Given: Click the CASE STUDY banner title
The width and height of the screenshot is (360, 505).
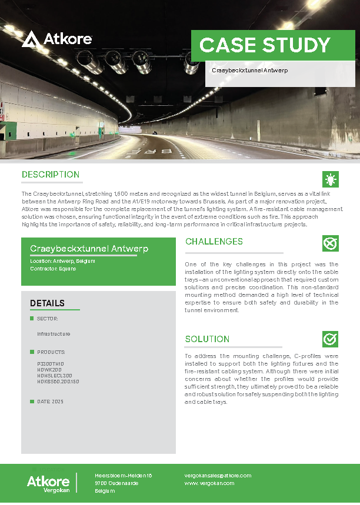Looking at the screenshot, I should tap(265, 45).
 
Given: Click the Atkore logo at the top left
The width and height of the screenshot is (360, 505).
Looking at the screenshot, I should tap(57, 39).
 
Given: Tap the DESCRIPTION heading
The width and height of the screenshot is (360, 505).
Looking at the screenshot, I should tap(51, 175).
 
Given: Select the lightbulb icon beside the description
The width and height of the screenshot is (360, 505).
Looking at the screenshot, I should tap(331, 179).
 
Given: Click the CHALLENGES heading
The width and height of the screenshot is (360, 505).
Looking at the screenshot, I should tap(214, 242).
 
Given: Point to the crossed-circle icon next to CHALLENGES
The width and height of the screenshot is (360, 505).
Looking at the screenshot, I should tap(331, 243).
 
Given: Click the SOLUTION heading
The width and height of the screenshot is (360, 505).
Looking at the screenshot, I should tap(207, 339).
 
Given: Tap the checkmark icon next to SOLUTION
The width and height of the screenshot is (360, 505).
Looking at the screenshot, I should tap(331, 339).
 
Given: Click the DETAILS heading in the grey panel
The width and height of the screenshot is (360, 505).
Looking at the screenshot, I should tap(47, 303).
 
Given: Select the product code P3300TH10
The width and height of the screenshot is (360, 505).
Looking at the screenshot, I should tap(50, 364).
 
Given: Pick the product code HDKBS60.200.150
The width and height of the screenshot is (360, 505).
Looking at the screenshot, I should tap(58, 382).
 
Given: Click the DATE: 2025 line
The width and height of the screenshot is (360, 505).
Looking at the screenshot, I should tap(50, 402).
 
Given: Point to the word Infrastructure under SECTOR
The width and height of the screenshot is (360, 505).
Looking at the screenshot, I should tap(54, 334).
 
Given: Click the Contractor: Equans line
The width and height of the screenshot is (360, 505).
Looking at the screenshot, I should tap(53, 269).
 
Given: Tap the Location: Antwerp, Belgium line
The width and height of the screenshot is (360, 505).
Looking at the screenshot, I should tap(62, 260).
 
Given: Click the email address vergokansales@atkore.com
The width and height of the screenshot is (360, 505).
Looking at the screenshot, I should tap(218, 476).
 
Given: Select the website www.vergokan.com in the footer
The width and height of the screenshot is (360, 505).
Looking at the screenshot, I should tap(209, 483).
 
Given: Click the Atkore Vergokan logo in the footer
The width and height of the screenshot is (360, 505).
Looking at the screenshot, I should tap(48, 483).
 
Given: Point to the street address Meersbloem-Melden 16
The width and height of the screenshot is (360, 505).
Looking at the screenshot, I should tap(124, 476).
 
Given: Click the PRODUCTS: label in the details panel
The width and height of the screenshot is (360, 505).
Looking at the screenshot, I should tap(51, 352).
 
